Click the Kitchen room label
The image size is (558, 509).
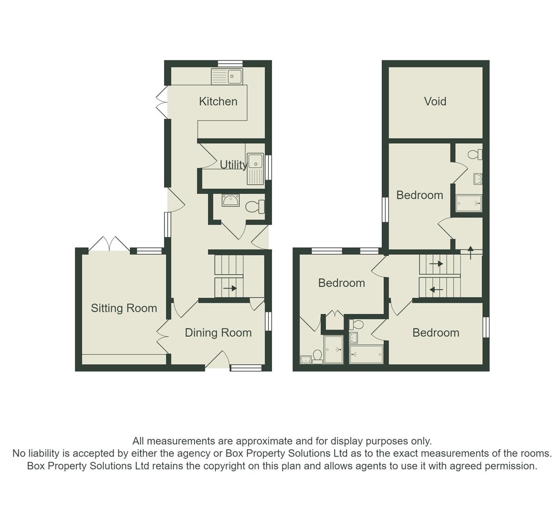(218, 101)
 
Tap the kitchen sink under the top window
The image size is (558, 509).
(227, 76)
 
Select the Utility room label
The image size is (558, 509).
(233, 164)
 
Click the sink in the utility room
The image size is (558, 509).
(255, 169)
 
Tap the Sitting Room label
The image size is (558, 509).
(123, 308)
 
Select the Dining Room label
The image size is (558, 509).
(218, 333)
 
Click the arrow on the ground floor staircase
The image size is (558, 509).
(230, 288)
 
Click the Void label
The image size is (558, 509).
(435, 101)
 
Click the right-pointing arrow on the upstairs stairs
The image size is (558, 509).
(436, 264)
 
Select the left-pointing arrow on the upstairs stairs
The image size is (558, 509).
(436, 289)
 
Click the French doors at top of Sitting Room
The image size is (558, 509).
(109, 244)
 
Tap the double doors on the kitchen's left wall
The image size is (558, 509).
(161, 102)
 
